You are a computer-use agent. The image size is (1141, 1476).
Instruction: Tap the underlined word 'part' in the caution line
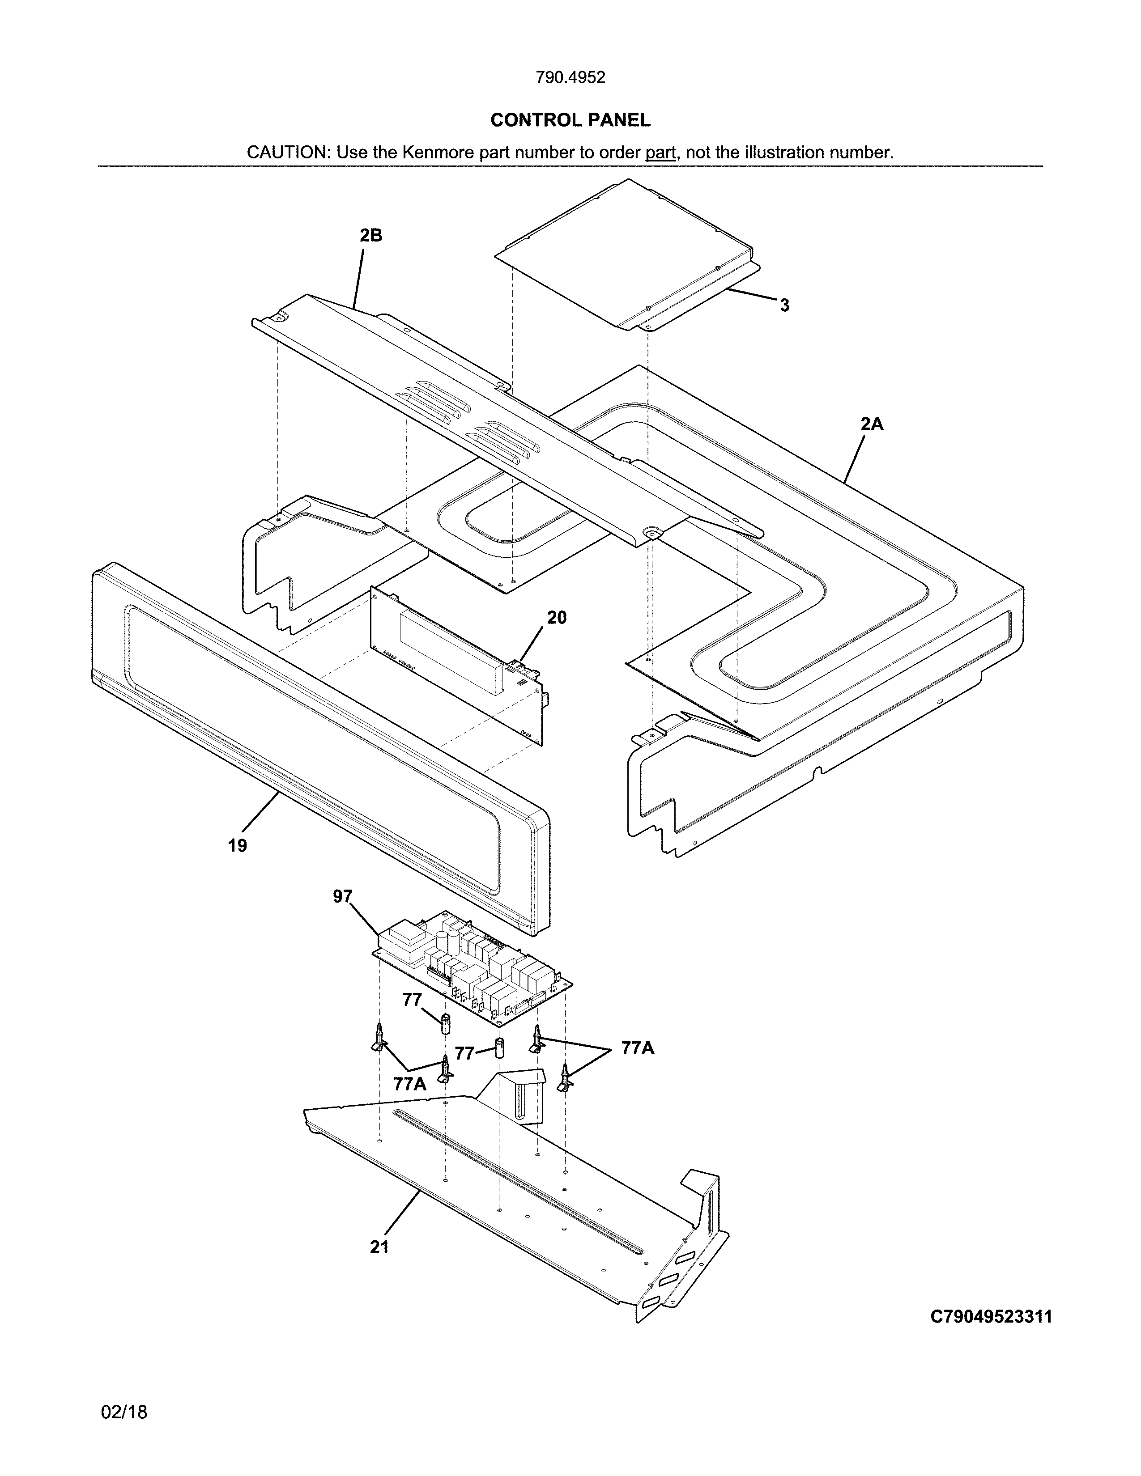[x=660, y=153]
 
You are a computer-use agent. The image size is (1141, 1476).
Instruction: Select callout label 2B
[x=370, y=235]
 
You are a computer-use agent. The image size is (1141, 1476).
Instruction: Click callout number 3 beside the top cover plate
[x=784, y=305]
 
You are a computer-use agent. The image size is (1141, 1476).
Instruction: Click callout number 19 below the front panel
[x=237, y=845]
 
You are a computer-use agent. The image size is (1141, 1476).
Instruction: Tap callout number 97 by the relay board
[x=343, y=896]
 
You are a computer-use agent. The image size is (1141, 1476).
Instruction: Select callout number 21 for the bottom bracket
[x=379, y=1247]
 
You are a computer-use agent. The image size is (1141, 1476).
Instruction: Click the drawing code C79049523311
[x=991, y=1316]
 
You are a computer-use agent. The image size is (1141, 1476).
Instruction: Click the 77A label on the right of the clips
[x=638, y=1048]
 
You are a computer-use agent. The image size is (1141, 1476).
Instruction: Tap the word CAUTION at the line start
[x=287, y=153]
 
